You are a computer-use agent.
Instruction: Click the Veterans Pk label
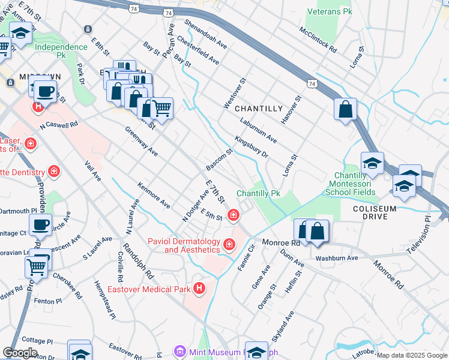click(x=329, y=11)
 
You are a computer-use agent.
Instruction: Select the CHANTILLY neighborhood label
click(x=258, y=109)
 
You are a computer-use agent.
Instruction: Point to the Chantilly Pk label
click(x=258, y=194)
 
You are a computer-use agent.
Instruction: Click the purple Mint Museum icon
click(x=178, y=352)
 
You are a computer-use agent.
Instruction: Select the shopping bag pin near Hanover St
click(x=346, y=110)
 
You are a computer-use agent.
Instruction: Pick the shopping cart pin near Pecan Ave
click(x=162, y=109)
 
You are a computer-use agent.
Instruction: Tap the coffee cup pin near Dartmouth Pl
click(x=40, y=225)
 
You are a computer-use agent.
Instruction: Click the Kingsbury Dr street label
click(x=251, y=146)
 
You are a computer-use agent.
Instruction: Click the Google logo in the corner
click(x=20, y=353)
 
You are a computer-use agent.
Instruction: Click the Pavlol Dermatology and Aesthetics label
click(x=184, y=245)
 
